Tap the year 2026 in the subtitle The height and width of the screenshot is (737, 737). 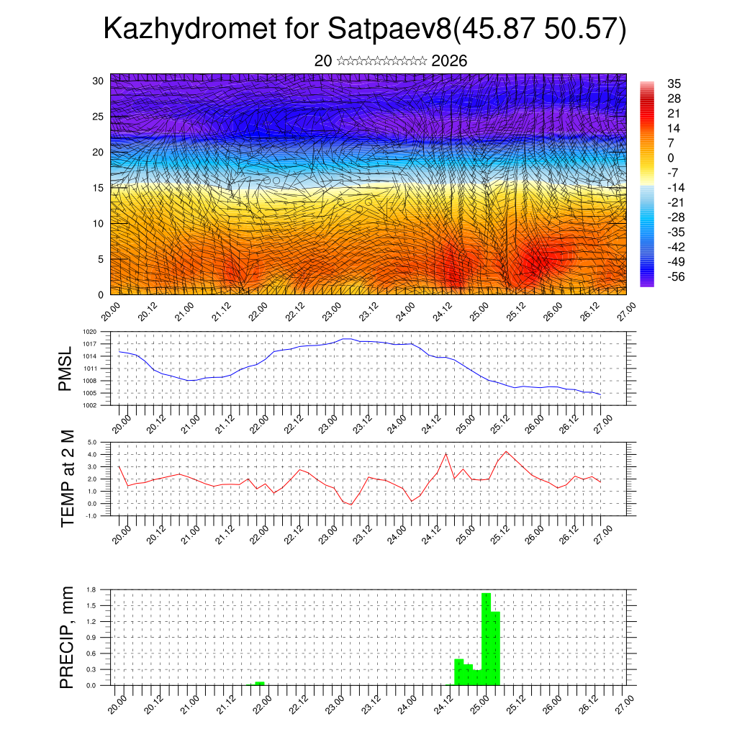click(449, 61)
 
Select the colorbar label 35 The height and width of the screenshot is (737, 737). click(674, 83)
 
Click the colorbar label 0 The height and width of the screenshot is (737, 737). click(671, 158)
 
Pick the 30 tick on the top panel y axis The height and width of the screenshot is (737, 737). click(99, 81)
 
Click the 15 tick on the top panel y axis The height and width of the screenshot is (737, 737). click(99, 188)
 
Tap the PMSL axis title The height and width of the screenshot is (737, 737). click(65, 369)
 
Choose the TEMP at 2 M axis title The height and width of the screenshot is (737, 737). click(67, 479)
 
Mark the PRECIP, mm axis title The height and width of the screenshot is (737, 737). click(67, 637)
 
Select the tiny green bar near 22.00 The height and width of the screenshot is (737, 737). click(260, 683)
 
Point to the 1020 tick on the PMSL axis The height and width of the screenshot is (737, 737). click(89, 332)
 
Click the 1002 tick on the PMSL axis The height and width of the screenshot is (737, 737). click(89, 405)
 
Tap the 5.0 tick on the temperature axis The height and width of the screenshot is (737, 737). click(92, 443)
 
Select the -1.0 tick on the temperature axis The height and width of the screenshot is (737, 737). click(91, 516)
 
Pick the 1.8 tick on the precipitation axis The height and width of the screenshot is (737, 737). click(91, 589)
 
